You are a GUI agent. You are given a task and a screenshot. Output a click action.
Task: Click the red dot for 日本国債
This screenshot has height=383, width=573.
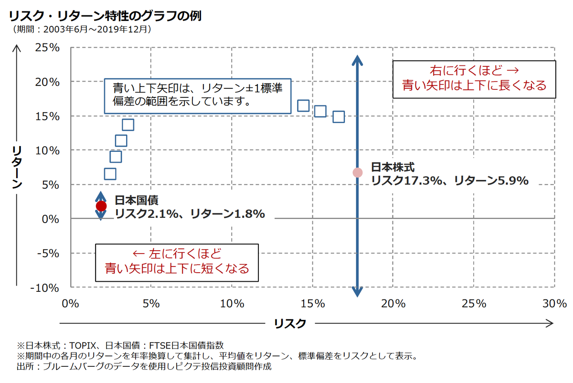[x=101, y=206]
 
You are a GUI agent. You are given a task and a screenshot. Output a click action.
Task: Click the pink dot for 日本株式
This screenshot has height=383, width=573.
[x=357, y=172]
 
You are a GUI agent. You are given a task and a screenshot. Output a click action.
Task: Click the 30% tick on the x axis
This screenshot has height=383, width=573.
[x=554, y=303]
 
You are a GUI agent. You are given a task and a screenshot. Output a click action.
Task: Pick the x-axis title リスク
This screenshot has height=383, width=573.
[x=290, y=323]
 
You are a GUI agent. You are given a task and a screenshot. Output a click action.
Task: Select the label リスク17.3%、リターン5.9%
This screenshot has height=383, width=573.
[x=449, y=181]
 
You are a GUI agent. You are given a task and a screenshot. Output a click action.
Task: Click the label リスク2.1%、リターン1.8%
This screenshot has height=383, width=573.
[x=190, y=214]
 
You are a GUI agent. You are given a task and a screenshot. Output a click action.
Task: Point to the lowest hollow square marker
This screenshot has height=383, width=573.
[x=110, y=174]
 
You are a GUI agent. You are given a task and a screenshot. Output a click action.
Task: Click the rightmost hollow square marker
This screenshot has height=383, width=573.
[x=338, y=117]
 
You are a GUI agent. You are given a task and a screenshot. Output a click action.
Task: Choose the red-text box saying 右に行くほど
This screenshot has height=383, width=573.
[x=474, y=79]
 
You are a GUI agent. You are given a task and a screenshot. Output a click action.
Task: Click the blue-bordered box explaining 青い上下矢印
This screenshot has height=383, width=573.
[x=197, y=96]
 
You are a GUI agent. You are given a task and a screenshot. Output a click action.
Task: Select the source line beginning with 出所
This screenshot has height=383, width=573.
[x=144, y=367]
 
